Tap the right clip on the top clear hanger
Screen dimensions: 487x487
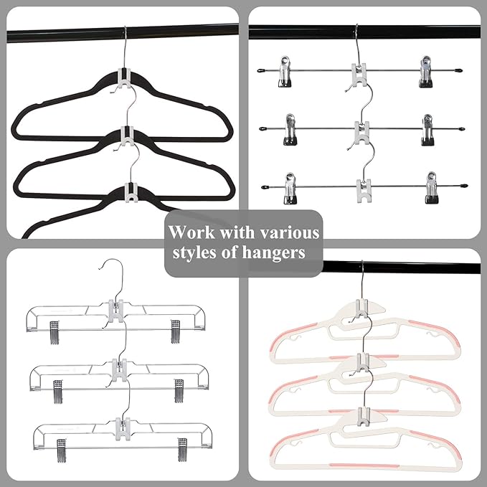click(x=176, y=331)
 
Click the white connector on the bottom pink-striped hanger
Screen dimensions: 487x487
click(x=363, y=415)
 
